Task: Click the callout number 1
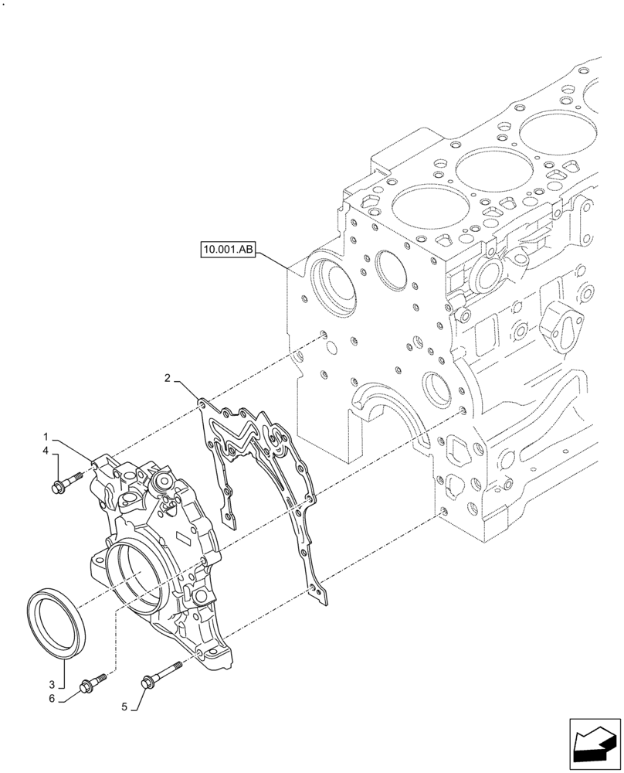pyautogui.click(x=46, y=436)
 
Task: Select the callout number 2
pyautogui.click(x=167, y=378)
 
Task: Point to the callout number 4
pyautogui.click(x=46, y=450)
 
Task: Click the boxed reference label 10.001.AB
pyautogui.click(x=229, y=250)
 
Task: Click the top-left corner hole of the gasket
pyautogui.click(x=202, y=403)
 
